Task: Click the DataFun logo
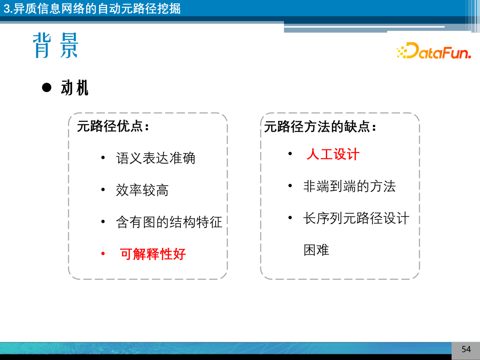(x=433, y=52)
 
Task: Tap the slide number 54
(x=466, y=349)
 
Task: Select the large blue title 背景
(x=56, y=46)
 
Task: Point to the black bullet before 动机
(x=47, y=88)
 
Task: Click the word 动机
(x=75, y=88)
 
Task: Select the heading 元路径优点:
(x=112, y=127)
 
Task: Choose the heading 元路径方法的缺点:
(x=320, y=127)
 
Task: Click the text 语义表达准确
(x=156, y=158)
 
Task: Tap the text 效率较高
(x=142, y=191)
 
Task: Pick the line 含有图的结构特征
(x=169, y=222)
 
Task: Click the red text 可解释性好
(x=153, y=254)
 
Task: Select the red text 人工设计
(x=333, y=155)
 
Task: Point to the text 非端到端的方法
(x=349, y=186)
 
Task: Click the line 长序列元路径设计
(x=356, y=219)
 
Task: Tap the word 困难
(x=316, y=250)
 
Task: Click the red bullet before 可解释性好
(x=103, y=254)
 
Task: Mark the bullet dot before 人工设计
(x=290, y=154)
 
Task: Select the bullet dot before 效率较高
(x=103, y=190)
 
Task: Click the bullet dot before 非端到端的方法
(x=290, y=186)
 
